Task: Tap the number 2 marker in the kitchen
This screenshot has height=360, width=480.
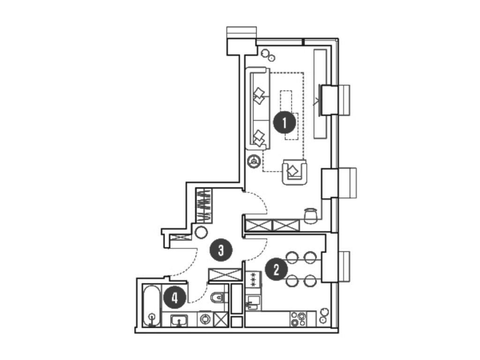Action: (277, 269)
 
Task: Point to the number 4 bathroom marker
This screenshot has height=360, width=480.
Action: (175, 298)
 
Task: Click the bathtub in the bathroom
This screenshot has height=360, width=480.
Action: (151, 306)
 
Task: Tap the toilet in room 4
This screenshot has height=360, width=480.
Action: (218, 297)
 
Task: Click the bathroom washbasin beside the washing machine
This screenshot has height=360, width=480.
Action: (179, 320)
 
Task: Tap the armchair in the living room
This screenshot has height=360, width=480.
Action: (294, 172)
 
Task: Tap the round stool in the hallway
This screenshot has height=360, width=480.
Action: (202, 232)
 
